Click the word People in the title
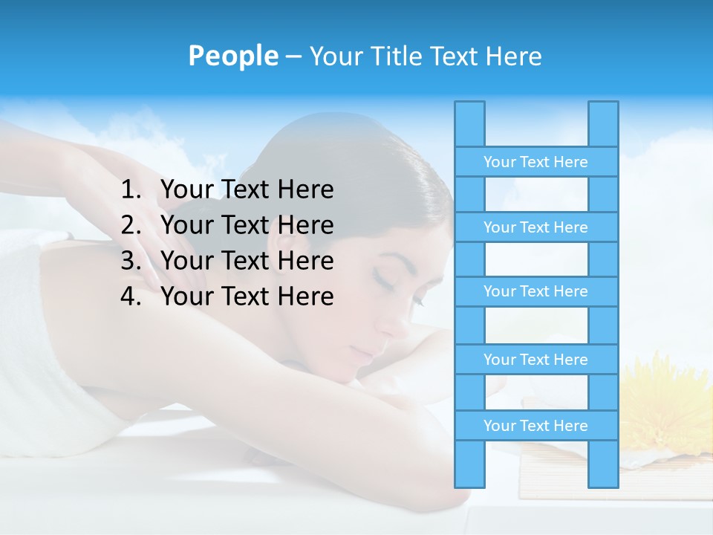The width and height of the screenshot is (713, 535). [x=232, y=56]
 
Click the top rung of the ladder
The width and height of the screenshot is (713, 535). [x=535, y=162]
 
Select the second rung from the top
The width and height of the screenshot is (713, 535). [x=535, y=227]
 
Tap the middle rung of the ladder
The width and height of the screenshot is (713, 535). [x=535, y=291]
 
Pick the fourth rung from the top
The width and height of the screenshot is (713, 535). [x=535, y=360]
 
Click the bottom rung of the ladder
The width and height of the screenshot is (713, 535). [x=535, y=426]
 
